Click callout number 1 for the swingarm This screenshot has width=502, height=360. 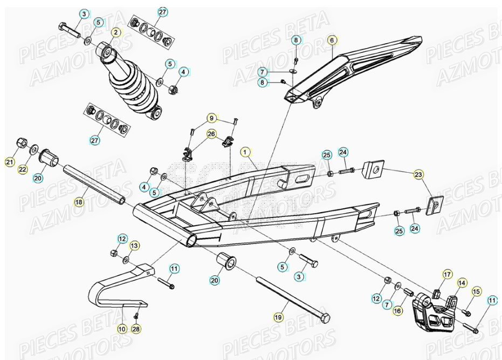point(246,153)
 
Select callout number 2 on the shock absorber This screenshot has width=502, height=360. point(115,32)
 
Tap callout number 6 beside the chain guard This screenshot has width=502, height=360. point(332,40)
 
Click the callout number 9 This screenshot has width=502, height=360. point(212,118)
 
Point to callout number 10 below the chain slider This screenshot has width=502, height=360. point(122,328)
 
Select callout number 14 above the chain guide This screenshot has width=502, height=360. point(462,282)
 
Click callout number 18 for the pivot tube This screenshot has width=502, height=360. point(79,202)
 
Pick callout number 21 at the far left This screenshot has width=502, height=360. point(9,162)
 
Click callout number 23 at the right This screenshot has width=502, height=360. point(419,174)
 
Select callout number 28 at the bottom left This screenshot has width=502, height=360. point(135,328)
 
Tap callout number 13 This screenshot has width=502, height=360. point(134,246)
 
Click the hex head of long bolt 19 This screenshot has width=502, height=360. point(325,315)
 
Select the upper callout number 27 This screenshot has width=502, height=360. point(162,12)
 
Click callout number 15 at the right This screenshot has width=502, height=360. point(476,291)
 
